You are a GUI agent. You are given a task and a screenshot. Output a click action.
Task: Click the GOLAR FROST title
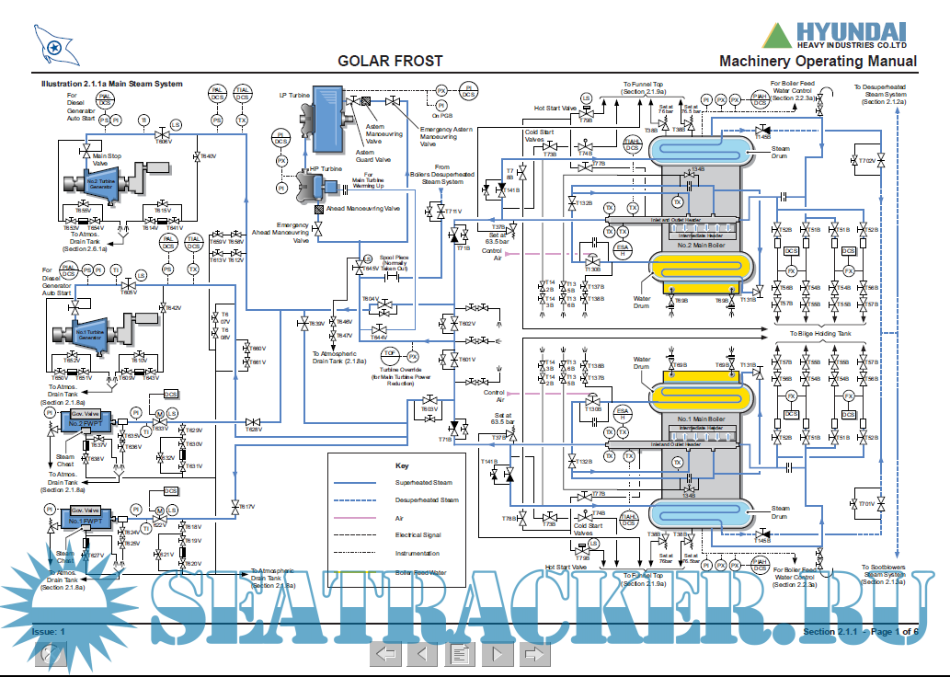click(390, 62)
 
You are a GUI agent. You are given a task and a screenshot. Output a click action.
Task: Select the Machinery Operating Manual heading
click(818, 62)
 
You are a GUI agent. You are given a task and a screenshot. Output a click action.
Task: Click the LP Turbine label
click(294, 95)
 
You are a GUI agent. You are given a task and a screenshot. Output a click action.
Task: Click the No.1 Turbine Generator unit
click(89, 335)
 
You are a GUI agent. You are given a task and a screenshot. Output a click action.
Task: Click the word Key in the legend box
click(401, 465)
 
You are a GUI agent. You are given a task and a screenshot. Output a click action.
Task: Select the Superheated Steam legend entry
click(423, 482)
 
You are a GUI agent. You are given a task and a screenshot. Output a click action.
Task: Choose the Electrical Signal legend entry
click(418, 534)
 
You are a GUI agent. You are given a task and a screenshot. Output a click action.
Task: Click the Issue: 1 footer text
click(49, 632)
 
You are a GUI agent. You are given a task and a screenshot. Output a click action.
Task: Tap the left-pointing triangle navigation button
click(422, 654)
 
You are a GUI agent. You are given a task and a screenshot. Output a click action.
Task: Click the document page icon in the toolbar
click(459, 654)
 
